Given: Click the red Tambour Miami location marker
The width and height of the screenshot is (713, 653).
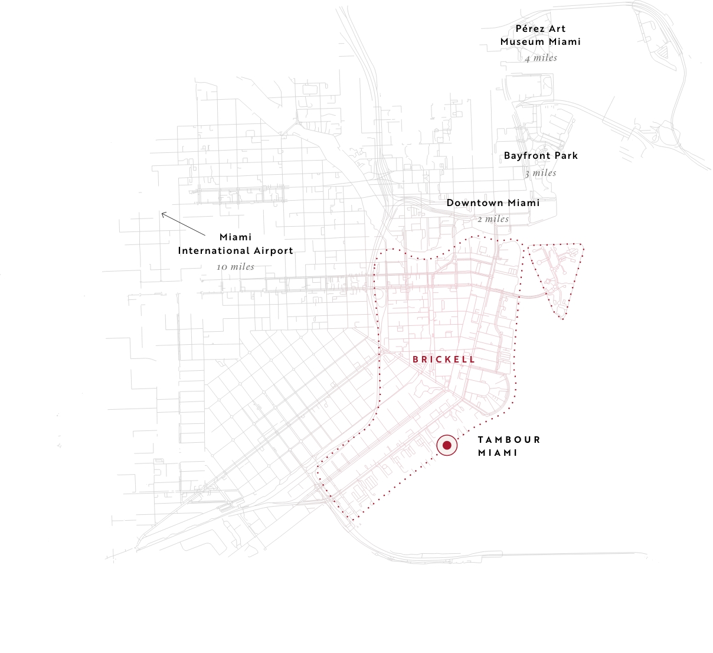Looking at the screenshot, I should [x=447, y=445].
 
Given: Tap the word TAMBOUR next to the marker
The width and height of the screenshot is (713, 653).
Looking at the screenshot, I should [x=509, y=440].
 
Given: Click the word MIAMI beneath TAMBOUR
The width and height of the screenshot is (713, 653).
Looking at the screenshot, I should [x=498, y=453].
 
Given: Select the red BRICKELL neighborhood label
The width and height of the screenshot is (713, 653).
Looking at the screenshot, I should [x=444, y=359].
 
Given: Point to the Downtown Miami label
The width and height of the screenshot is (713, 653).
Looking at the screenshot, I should [x=493, y=203].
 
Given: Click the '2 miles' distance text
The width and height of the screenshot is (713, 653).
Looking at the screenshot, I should [x=493, y=219].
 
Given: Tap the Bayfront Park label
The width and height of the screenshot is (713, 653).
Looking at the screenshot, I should [x=541, y=156].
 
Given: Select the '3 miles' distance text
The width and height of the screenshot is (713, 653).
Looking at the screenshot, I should [x=541, y=173].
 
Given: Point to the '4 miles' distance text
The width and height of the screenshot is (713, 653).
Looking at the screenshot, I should [x=541, y=58].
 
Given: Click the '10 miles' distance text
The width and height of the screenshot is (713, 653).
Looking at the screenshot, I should [x=235, y=267].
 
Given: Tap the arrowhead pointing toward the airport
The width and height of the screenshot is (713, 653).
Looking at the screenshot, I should [x=163, y=214].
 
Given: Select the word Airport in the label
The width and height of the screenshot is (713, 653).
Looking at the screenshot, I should [x=272, y=251].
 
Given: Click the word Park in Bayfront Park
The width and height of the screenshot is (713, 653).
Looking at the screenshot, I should [x=565, y=156].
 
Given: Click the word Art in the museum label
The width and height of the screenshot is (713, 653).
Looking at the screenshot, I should [x=557, y=28].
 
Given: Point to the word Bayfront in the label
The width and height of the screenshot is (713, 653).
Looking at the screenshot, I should [x=527, y=156].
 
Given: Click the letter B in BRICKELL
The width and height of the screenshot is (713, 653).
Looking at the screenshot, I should [x=416, y=359].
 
